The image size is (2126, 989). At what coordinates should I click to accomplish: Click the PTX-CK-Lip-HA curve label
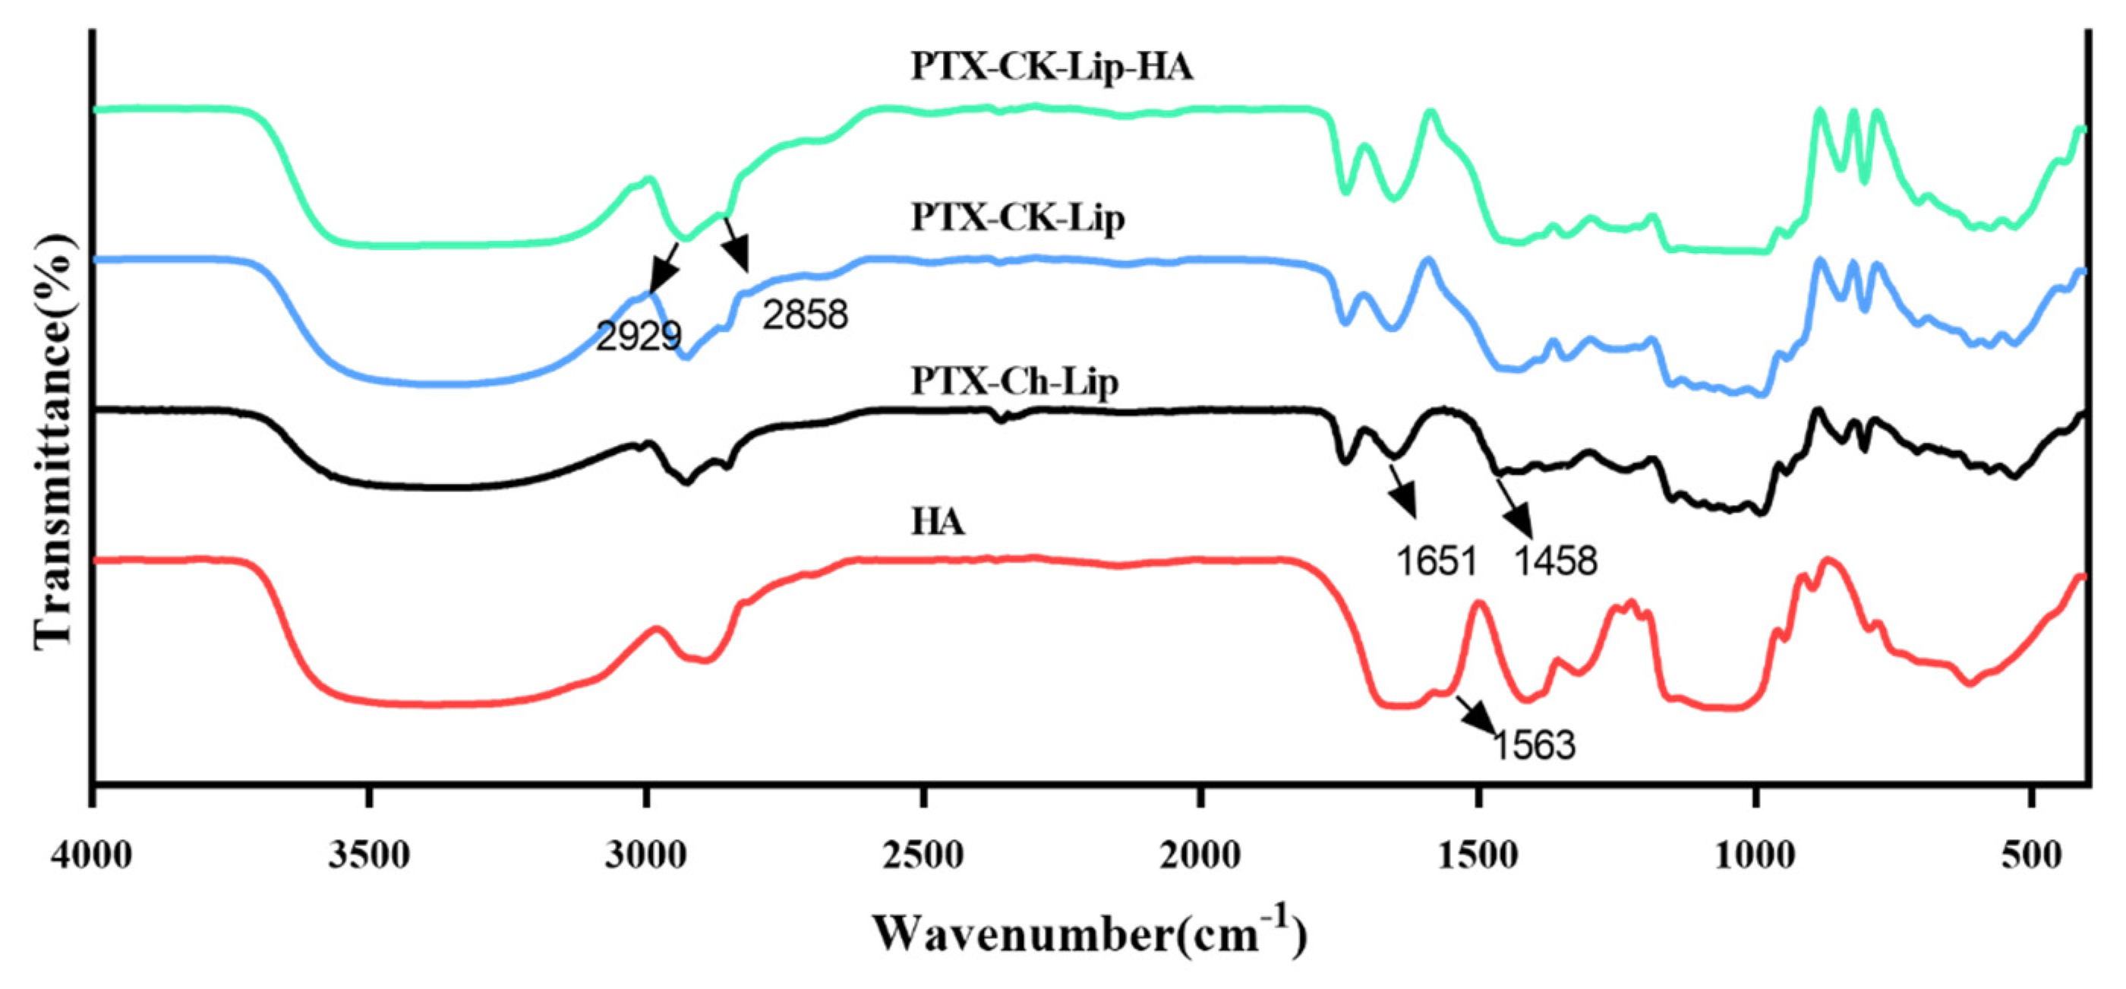pyautogui.click(x=1052, y=67)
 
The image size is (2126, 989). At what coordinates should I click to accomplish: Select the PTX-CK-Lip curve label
pyautogui.click(x=1017, y=218)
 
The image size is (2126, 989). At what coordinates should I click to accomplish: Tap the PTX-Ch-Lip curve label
pyautogui.click(x=1014, y=381)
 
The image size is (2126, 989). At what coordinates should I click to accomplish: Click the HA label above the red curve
pyautogui.click(x=938, y=523)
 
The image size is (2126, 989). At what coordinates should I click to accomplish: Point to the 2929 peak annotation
pyautogui.click(x=638, y=336)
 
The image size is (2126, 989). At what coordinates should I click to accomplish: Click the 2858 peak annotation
pyautogui.click(x=805, y=314)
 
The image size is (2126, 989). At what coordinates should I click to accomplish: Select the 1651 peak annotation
pyautogui.click(x=1435, y=561)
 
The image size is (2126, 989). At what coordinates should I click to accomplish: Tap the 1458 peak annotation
pyautogui.click(x=1556, y=561)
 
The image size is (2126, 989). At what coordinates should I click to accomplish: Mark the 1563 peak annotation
pyautogui.click(x=1535, y=745)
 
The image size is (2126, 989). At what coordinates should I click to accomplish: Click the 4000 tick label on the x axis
pyautogui.click(x=92, y=856)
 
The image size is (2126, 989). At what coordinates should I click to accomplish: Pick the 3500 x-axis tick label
pyautogui.click(x=369, y=856)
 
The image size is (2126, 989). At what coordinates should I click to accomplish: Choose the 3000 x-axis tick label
pyautogui.click(x=645, y=856)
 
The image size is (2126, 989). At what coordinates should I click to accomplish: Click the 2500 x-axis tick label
pyautogui.click(x=923, y=856)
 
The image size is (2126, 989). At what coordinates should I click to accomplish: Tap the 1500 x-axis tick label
pyautogui.click(x=1478, y=856)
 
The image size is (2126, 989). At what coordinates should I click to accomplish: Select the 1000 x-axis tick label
pyautogui.click(x=1755, y=856)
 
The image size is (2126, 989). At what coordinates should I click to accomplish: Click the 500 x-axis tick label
pyautogui.click(x=2032, y=856)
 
